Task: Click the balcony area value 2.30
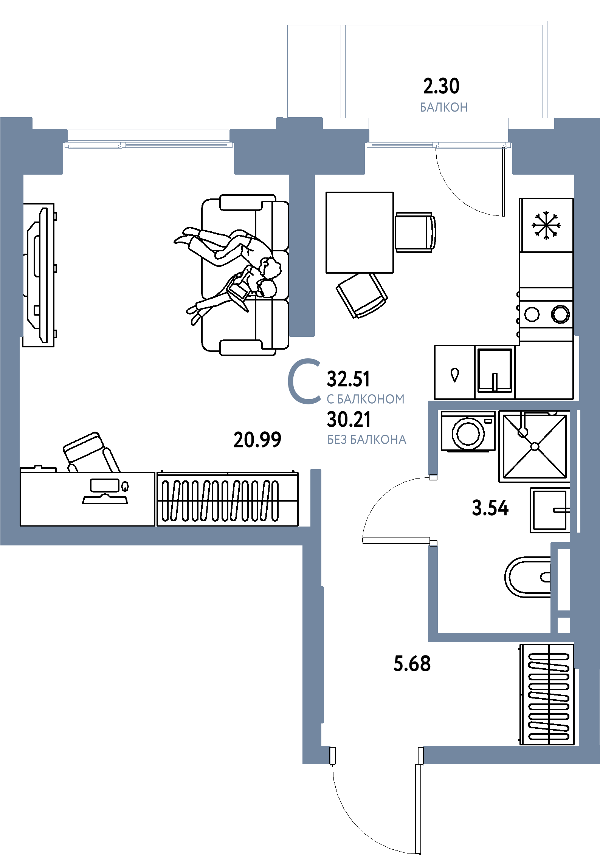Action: [x=441, y=86]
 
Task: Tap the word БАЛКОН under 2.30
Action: [x=444, y=107]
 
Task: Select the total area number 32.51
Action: [x=348, y=379]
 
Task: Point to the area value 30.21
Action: [x=349, y=420]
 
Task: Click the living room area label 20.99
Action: [x=257, y=440]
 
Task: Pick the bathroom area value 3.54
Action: [x=490, y=508]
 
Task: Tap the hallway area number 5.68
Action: [x=412, y=664]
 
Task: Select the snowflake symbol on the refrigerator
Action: [x=546, y=225]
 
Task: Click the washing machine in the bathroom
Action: [x=468, y=431]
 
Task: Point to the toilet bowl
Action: [x=527, y=577]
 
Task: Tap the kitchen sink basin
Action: [x=495, y=371]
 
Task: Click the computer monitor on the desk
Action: [x=105, y=491]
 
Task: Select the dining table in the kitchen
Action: [x=360, y=232]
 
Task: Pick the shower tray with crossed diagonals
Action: [x=535, y=446]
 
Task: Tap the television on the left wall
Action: [x=39, y=275]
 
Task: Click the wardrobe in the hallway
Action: [x=547, y=695]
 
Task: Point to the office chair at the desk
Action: [x=91, y=453]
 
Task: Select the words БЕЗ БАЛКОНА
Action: [x=367, y=440]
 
